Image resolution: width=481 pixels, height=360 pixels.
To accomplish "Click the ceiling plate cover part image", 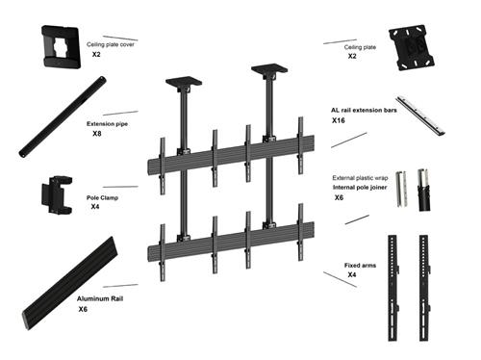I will [x=60, y=46].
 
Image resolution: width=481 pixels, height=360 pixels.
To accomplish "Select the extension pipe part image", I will [x=60, y=120].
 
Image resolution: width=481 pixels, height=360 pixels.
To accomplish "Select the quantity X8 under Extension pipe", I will [x=96, y=134].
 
